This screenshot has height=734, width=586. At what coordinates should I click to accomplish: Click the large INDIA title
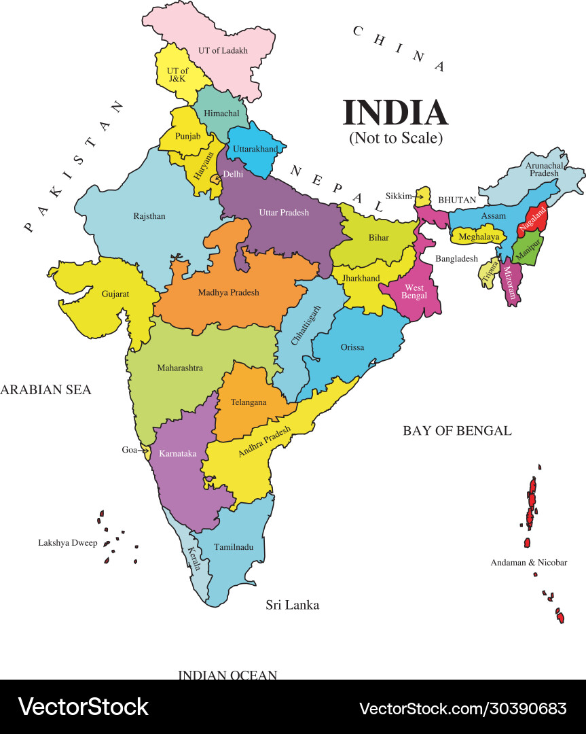(x=395, y=113)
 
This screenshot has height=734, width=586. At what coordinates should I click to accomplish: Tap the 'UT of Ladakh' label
(x=223, y=50)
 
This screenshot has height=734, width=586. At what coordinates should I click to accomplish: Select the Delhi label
(x=233, y=174)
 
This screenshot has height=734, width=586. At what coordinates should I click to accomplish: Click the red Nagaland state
(x=534, y=217)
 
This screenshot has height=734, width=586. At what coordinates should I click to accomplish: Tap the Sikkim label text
(x=399, y=196)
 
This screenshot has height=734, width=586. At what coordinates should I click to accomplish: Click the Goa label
(x=129, y=450)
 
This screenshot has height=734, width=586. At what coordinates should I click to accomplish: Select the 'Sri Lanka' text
(x=292, y=605)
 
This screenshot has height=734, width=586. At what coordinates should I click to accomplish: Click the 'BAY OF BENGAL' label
(x=457, y=430)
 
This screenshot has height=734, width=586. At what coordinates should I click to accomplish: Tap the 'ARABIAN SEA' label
(x=45, y=389)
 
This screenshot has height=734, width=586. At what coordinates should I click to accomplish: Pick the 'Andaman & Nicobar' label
(x=529, y=563)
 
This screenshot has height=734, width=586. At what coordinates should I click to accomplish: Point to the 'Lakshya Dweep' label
(x=67, y=543)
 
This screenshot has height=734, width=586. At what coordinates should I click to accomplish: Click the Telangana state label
(x=249, y=402)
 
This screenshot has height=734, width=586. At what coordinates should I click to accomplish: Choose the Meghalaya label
(x=479, y=237)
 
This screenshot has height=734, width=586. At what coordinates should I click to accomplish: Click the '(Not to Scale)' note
(x=396, y=138)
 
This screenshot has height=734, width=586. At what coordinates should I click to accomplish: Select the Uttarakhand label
(x=255, y=149)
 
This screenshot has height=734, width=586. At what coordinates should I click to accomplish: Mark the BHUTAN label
(x=457, y=200)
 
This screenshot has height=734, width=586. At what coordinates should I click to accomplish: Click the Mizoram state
(x=511, y=281)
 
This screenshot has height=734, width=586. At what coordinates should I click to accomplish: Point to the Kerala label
(x=194, y=558)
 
